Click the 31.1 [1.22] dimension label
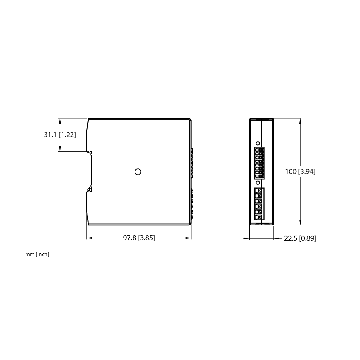pos(60,135)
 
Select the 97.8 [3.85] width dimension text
pos(139,238)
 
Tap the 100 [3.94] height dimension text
pos(300,171)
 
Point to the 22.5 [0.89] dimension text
pos(300,238)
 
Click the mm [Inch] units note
pos(37,254)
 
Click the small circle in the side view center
pos(138,171)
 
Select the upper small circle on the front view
pos(258,144)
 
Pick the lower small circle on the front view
pos(258,183)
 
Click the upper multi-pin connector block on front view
pos(259,163)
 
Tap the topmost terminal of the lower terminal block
pos(259,190)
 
